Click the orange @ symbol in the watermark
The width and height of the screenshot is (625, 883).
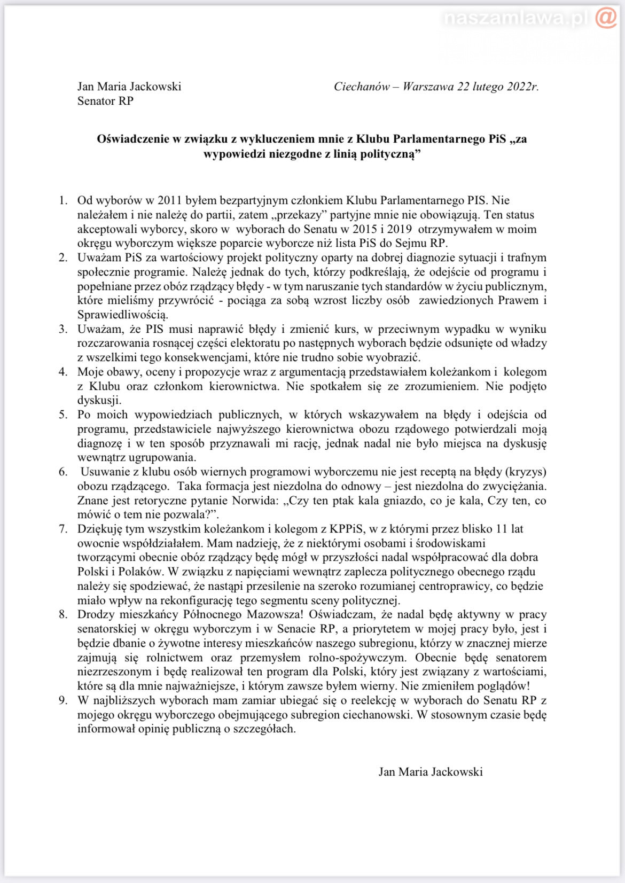click(x=606, y=18)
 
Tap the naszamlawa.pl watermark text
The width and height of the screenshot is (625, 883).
click(x=515, y=19)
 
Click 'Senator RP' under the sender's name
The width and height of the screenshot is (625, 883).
click(x=105, y=101)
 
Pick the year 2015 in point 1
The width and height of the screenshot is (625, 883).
click(x=365, y=229)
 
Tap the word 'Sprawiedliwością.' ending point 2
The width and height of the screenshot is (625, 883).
click(x=123, y=315)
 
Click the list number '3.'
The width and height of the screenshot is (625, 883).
click(x=63, y=329)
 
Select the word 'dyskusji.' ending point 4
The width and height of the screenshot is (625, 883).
click(x=99, y=401)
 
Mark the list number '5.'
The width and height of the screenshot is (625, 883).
click(x=63, y=415)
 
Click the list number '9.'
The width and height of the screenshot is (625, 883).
click(x=63, y=701)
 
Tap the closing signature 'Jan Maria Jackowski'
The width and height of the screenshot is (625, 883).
click(x=431, y=772)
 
